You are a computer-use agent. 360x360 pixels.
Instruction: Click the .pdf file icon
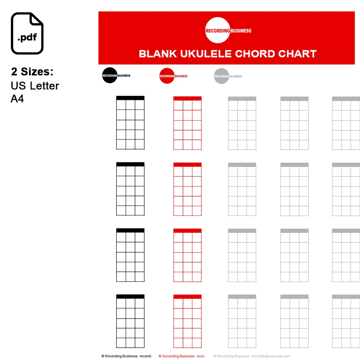click(x=27, y=33)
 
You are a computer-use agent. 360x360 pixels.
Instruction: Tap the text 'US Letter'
click(x=35, y=86)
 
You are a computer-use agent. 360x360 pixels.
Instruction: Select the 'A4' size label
click(x=17, y=99)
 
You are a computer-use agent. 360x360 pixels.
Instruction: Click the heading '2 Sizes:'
click(x=32, y=72)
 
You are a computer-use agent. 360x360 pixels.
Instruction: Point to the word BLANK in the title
click(x=158, y=54)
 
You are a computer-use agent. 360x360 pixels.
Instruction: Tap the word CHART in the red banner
click(x=297, y=54)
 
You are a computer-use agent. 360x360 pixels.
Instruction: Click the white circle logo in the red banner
click(x=217, y=30)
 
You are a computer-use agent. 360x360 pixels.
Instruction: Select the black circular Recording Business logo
click(x=109, y=75)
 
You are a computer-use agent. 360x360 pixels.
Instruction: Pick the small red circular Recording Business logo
click(x=167, y=76)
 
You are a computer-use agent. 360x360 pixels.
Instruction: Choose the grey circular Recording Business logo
click(x=221, y=76)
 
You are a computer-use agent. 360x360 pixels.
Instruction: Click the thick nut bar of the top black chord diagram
click(x=130, y=98)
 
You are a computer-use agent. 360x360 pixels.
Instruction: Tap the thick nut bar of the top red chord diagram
click(x=187, y=98)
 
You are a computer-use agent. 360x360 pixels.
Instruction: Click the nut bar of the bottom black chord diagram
click(x=130, y=296)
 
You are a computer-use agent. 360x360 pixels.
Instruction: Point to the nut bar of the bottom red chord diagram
click(x=187, y=296)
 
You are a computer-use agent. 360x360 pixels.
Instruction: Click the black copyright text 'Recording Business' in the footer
click(x=121, y=356)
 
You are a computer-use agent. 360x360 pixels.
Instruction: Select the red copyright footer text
click(x=178, y=356)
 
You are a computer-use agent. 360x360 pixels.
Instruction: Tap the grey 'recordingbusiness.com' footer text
click(x=271, y=356)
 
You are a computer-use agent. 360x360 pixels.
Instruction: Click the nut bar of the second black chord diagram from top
click(x=130, y=164)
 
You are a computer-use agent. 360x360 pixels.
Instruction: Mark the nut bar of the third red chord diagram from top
click(x=187, y=231)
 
